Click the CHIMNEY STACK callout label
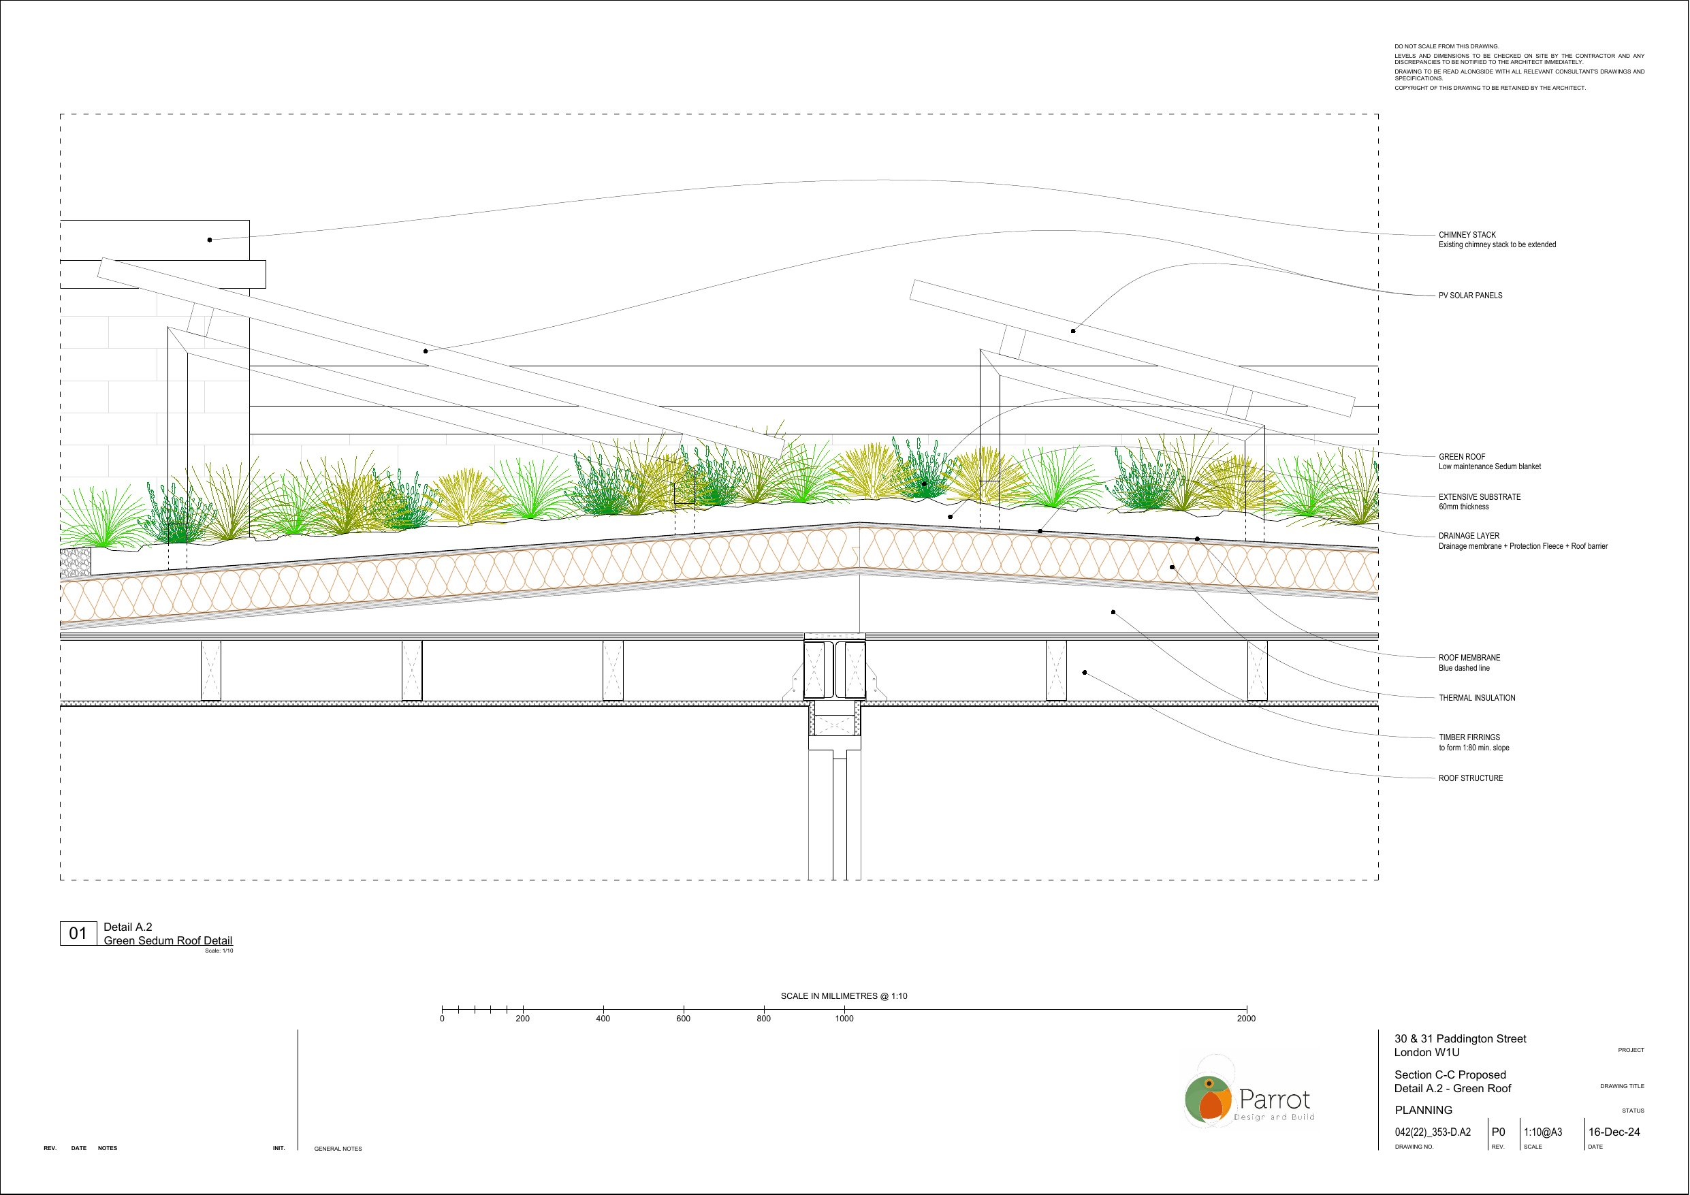coord(1467,235)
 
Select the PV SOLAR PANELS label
coord(1470,296)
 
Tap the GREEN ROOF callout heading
coord(1462,456)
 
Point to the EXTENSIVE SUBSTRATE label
coord(1480,497)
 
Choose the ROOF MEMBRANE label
coord(1469,658)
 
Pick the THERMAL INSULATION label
coord(1477,698)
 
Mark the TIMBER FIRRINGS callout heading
coord(1469,737)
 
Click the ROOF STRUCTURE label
coord(1471,778)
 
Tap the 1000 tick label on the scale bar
coord(844,1019)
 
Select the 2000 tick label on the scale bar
coord(1246,1019)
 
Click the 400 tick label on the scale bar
coord(603,1019)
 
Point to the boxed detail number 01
coord(78,934)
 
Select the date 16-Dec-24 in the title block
coord(1614,1132)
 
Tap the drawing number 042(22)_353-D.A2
coord(1433,1132)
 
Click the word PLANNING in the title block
coord(1424,1111)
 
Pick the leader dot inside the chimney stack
coord(210,240)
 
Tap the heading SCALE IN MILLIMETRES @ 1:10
coord(844,996)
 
